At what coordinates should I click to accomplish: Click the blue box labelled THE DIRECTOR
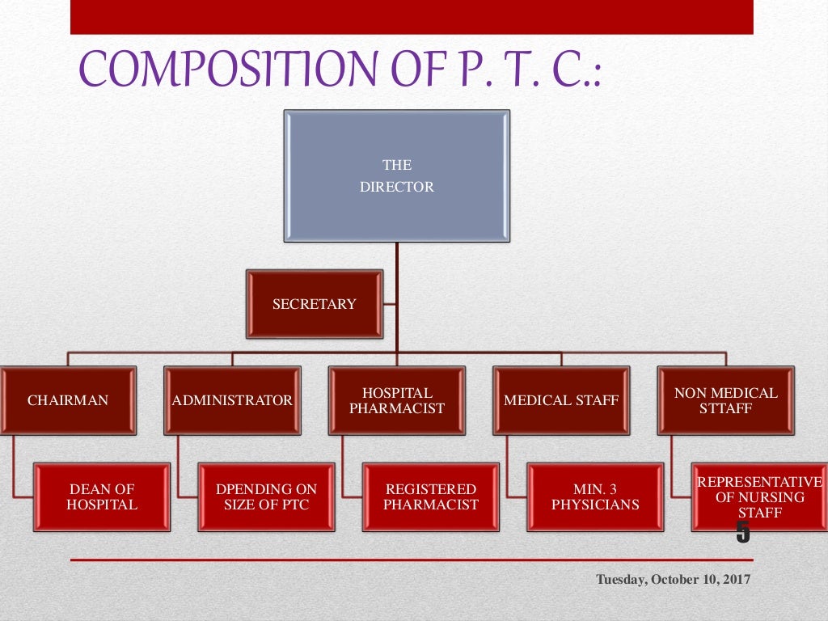pyautogui.click(x=397, y=175)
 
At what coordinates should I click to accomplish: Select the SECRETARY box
pyautogui.click(x=315, y=304)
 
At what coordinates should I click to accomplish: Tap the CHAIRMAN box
pyautogui.click(x=68, y=400)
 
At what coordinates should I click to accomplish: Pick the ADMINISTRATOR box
pyautogui.click(x=232, y=400)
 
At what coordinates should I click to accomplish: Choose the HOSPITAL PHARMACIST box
pyautogui.click(x=397, y=400)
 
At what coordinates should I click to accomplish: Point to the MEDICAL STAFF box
pyautogui.click(x=561, y=400)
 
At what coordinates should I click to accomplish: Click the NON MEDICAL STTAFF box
pyautogui.click(x=725, y=400)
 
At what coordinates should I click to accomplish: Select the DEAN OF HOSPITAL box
pyautogui.click(x=103, y=496)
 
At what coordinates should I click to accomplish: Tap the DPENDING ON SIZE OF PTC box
pyautogui.click(x=267, y=496)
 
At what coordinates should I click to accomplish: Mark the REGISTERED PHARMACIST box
pyautogui.click(x=431, y=496)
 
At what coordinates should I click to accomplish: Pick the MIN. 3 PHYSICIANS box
pyautogui.click(x=595, y=496)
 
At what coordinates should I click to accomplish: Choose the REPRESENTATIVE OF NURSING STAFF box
pyautogui.click(x=758, y=496)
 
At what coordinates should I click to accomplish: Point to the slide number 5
pyautogui.click(x=742, y=533)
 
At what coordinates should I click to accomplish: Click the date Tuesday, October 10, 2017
pyautogui.click(x=674, y=580)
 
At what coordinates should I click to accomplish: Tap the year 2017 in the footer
pyautogui.click(x=737, y=580)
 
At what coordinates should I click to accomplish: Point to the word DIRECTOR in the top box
pyautogui.click(x=397, y=187)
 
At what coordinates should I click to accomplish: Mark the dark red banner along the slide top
pyautogui.click(x=412, y=16)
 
